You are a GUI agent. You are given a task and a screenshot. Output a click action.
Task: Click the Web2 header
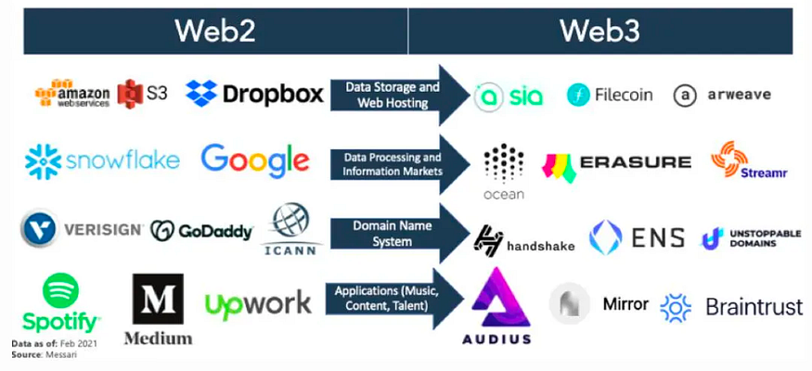click(214, 31)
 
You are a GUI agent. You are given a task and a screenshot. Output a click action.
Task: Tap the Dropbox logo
click(254, 93)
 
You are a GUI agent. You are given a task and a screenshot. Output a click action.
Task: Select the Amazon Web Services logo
click(72, 94)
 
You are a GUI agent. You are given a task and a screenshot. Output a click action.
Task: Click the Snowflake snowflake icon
click(43, 161)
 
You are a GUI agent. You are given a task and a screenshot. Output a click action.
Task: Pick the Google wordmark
click(255, 160)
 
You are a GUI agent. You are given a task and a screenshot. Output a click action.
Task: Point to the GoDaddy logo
click(201, 230)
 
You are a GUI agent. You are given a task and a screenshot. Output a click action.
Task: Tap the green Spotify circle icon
click(60, 291)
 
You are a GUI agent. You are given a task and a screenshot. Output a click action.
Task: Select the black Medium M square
click(158, 299)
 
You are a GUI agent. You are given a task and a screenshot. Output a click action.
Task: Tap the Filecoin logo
click(610, 95)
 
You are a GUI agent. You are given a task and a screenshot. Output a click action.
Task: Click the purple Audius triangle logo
click(497, 296)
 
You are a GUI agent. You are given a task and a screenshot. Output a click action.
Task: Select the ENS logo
click(637, 237)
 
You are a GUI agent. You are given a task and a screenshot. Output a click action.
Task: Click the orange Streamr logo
click(729, 159)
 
